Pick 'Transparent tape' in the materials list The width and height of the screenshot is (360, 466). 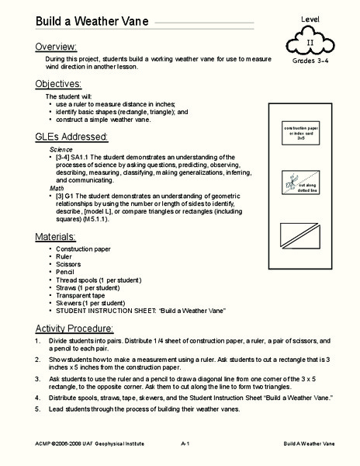(85, 295)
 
